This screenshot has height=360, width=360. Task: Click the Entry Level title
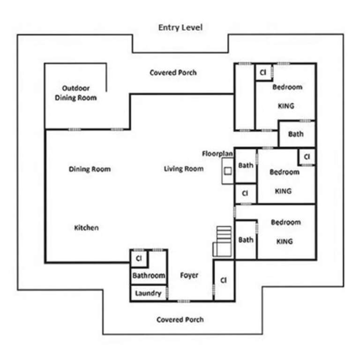tap(180, 28)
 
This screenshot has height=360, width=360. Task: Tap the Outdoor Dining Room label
tap(76, 93)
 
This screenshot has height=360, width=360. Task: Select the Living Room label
tap(184, 169)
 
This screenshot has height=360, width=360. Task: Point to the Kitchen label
tap(87, 227)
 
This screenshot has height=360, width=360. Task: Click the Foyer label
tap(189, 275)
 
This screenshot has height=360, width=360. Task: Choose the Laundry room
tap(148, 293)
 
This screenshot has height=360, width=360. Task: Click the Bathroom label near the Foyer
tap(149, 275)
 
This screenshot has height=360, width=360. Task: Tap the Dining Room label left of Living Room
tap(90, 169)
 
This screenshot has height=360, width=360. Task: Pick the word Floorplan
tap(217, 154)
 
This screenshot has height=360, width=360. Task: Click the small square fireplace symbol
tap(228, 171)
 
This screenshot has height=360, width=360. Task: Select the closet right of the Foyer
tap(224, 280)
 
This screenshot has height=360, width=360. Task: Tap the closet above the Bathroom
tap(139, 259)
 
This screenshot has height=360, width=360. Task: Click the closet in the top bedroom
tap(263, 72)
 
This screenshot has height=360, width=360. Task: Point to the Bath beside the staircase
tap(246, 240)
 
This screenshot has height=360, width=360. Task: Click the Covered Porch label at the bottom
tap(180, 320)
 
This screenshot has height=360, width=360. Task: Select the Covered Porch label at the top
tap(173, 73)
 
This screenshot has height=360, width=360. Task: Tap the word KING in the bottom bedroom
tap(285, 241)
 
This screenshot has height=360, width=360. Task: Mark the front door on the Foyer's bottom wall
tap(183, 301)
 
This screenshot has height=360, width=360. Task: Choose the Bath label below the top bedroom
tap(296, 134)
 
